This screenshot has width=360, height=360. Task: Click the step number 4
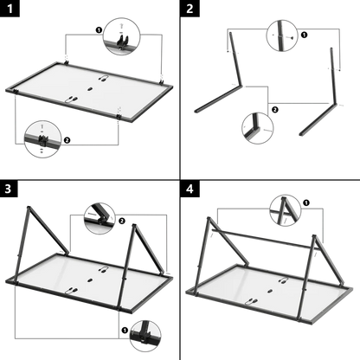190,188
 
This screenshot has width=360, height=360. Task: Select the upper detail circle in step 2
281,34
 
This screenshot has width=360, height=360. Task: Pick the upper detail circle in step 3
101,213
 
